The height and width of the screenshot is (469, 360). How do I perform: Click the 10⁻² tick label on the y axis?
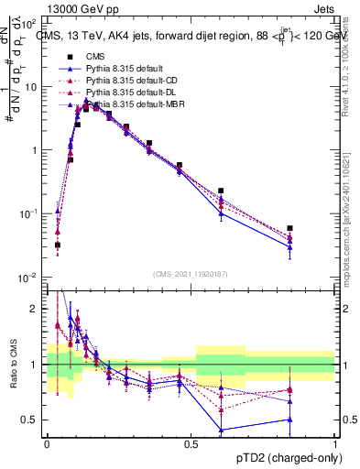pyautogui.click(x=30, y=277)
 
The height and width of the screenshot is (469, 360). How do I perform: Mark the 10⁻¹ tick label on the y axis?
pyautogui.click(x=30, y=213)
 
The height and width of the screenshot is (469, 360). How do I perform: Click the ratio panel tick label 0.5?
pyautogui.click(x=33, y=420)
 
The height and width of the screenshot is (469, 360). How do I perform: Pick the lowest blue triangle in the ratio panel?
pyautogui.click(x=221, y=430)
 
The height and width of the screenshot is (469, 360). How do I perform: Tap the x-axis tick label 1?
pyautogui.click(x=334, y=443)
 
